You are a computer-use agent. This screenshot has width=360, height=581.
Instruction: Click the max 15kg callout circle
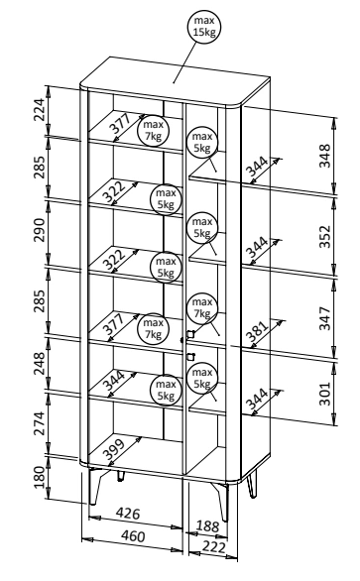coord(204,27)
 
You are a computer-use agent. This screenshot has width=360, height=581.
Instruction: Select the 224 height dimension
coord(39,110)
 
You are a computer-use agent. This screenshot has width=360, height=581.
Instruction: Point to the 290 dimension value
coord(39,230)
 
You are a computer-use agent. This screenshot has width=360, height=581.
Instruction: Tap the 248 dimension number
coord(39,363)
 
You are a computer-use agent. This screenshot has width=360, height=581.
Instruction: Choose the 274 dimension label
coord(39,422)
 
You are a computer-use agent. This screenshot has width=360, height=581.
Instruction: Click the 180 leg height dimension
coord(39,477)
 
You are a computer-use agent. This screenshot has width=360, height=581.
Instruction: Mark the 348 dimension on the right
coord(324,156)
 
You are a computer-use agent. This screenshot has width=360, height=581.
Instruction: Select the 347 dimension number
coord(324,318)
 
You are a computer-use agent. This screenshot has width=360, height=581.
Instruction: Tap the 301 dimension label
coord(324,394)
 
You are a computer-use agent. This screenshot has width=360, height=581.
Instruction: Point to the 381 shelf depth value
coord(258,331)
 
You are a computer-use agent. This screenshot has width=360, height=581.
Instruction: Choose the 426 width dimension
coord(128,514)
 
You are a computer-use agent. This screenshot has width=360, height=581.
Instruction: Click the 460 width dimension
coord(133,536)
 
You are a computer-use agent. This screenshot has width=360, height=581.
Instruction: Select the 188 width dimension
coord(207,525)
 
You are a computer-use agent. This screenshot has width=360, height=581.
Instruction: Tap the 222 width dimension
coord(214,547)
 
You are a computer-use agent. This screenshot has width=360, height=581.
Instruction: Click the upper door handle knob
coord(190,334)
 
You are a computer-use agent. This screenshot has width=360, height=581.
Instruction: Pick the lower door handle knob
coord(190,357)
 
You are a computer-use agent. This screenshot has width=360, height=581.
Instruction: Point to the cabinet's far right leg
coord(252,486)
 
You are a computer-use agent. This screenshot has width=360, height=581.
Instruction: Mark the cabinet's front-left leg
coord(95,486)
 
